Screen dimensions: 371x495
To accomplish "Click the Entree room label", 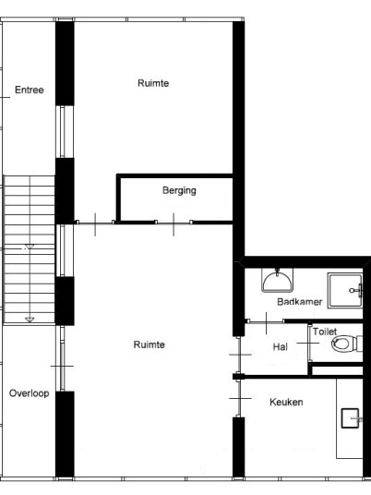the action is click(x=29, y=90).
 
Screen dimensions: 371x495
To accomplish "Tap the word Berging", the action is click(x=179, y=190).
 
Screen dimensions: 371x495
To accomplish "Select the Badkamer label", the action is click(x=299, y=302).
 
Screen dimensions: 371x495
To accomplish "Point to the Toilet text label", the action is click(x=325, y=332).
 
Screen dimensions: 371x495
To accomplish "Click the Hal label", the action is click(x=281, y=347).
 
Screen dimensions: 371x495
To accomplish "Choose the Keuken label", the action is click(x=286, y=402).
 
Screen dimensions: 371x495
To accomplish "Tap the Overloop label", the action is click(x=29, y=393).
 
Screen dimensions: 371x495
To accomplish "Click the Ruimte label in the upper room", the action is click(x=153, y=83).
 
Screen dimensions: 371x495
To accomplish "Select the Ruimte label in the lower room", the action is click(x=149, y=344).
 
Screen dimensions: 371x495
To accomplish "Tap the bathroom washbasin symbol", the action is click(x=277, y=281).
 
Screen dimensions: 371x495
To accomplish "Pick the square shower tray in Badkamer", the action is click(x=345, y=290).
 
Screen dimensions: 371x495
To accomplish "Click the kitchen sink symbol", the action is click(x=350, y=418).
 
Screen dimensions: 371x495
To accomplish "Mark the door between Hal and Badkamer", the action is click(x=267, y=321).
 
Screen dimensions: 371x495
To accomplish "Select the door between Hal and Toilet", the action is click(x=309, y=343).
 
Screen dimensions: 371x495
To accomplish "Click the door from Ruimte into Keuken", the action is click(x=239, y=398).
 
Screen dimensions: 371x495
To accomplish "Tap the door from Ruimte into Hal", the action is click(x=239, y=355).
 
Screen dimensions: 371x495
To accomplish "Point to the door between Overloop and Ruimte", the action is click(x=62, y=367).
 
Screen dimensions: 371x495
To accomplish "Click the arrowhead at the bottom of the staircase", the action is click(x=30, y=320).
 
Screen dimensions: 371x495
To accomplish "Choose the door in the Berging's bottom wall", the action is click(x=174, y=223).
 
